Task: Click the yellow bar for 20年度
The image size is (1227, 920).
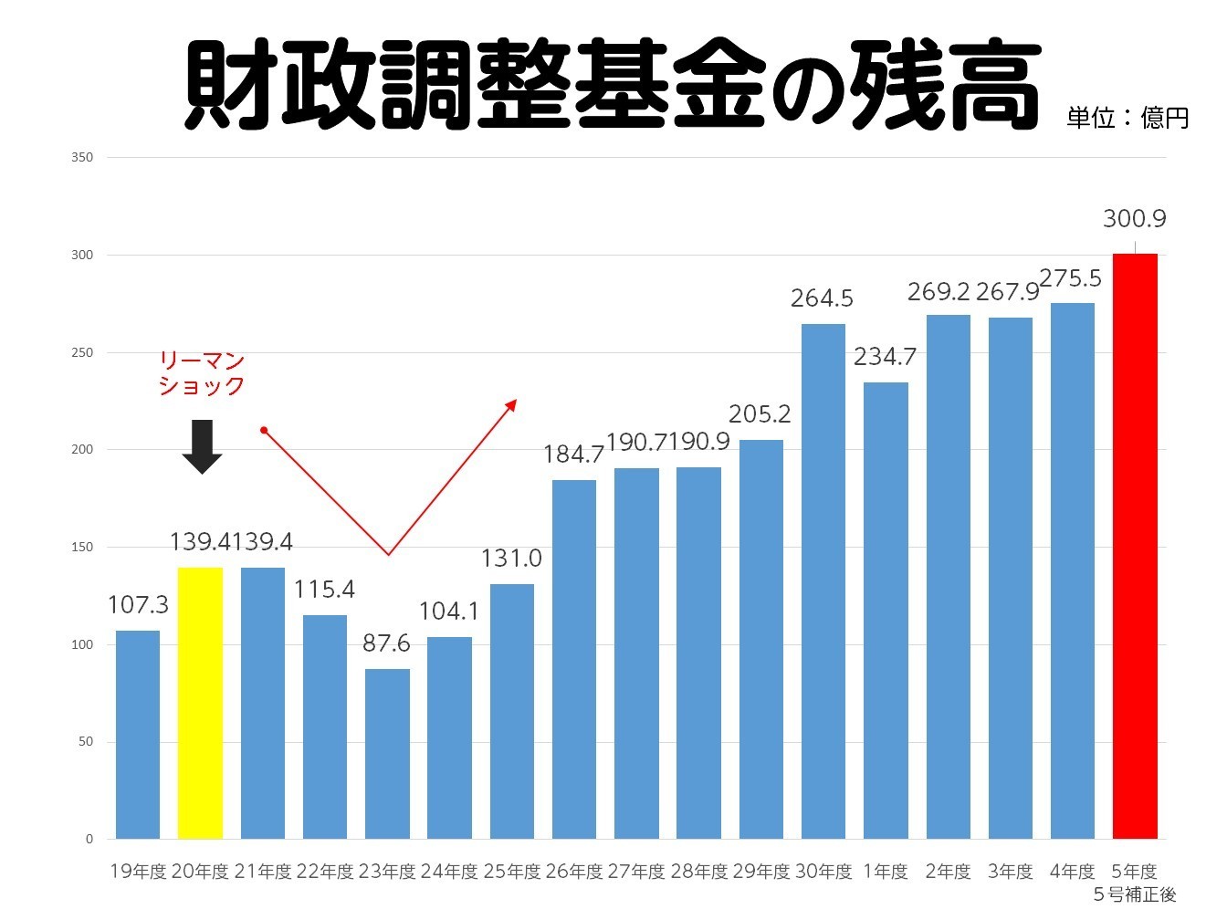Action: (x=200, y=703)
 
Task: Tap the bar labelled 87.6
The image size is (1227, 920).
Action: (x=387, y=754)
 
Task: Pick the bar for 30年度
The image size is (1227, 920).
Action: (x=823, y=581)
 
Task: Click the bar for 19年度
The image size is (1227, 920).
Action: (x=138, y=735)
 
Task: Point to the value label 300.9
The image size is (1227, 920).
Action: (x=1134, y=219)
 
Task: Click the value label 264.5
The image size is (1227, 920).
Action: (x=822, y=298)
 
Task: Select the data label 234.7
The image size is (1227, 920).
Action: (x=885, y=357)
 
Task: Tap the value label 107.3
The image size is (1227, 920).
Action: (x=138, y=605)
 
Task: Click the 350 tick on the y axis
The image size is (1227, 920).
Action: (x=82, y=158)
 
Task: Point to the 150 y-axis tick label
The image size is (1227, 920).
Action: (x=82, y=548)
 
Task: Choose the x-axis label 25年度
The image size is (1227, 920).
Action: (x=512, y=872)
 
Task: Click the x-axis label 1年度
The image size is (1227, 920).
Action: (x=886, y=872)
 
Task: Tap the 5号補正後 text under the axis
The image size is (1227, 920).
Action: (x=1135, y=894)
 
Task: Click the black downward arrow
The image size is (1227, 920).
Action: (x=202, y=446)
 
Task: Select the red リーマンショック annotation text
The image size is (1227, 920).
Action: (x=202, y=373)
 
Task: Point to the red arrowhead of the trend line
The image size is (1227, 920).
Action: (x=512, y=403)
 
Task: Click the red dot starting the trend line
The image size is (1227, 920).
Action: (x=263, y=430)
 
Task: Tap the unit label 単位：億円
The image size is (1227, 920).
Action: (x=1127, y=118)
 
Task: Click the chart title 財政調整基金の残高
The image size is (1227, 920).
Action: (x=612, y=85)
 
